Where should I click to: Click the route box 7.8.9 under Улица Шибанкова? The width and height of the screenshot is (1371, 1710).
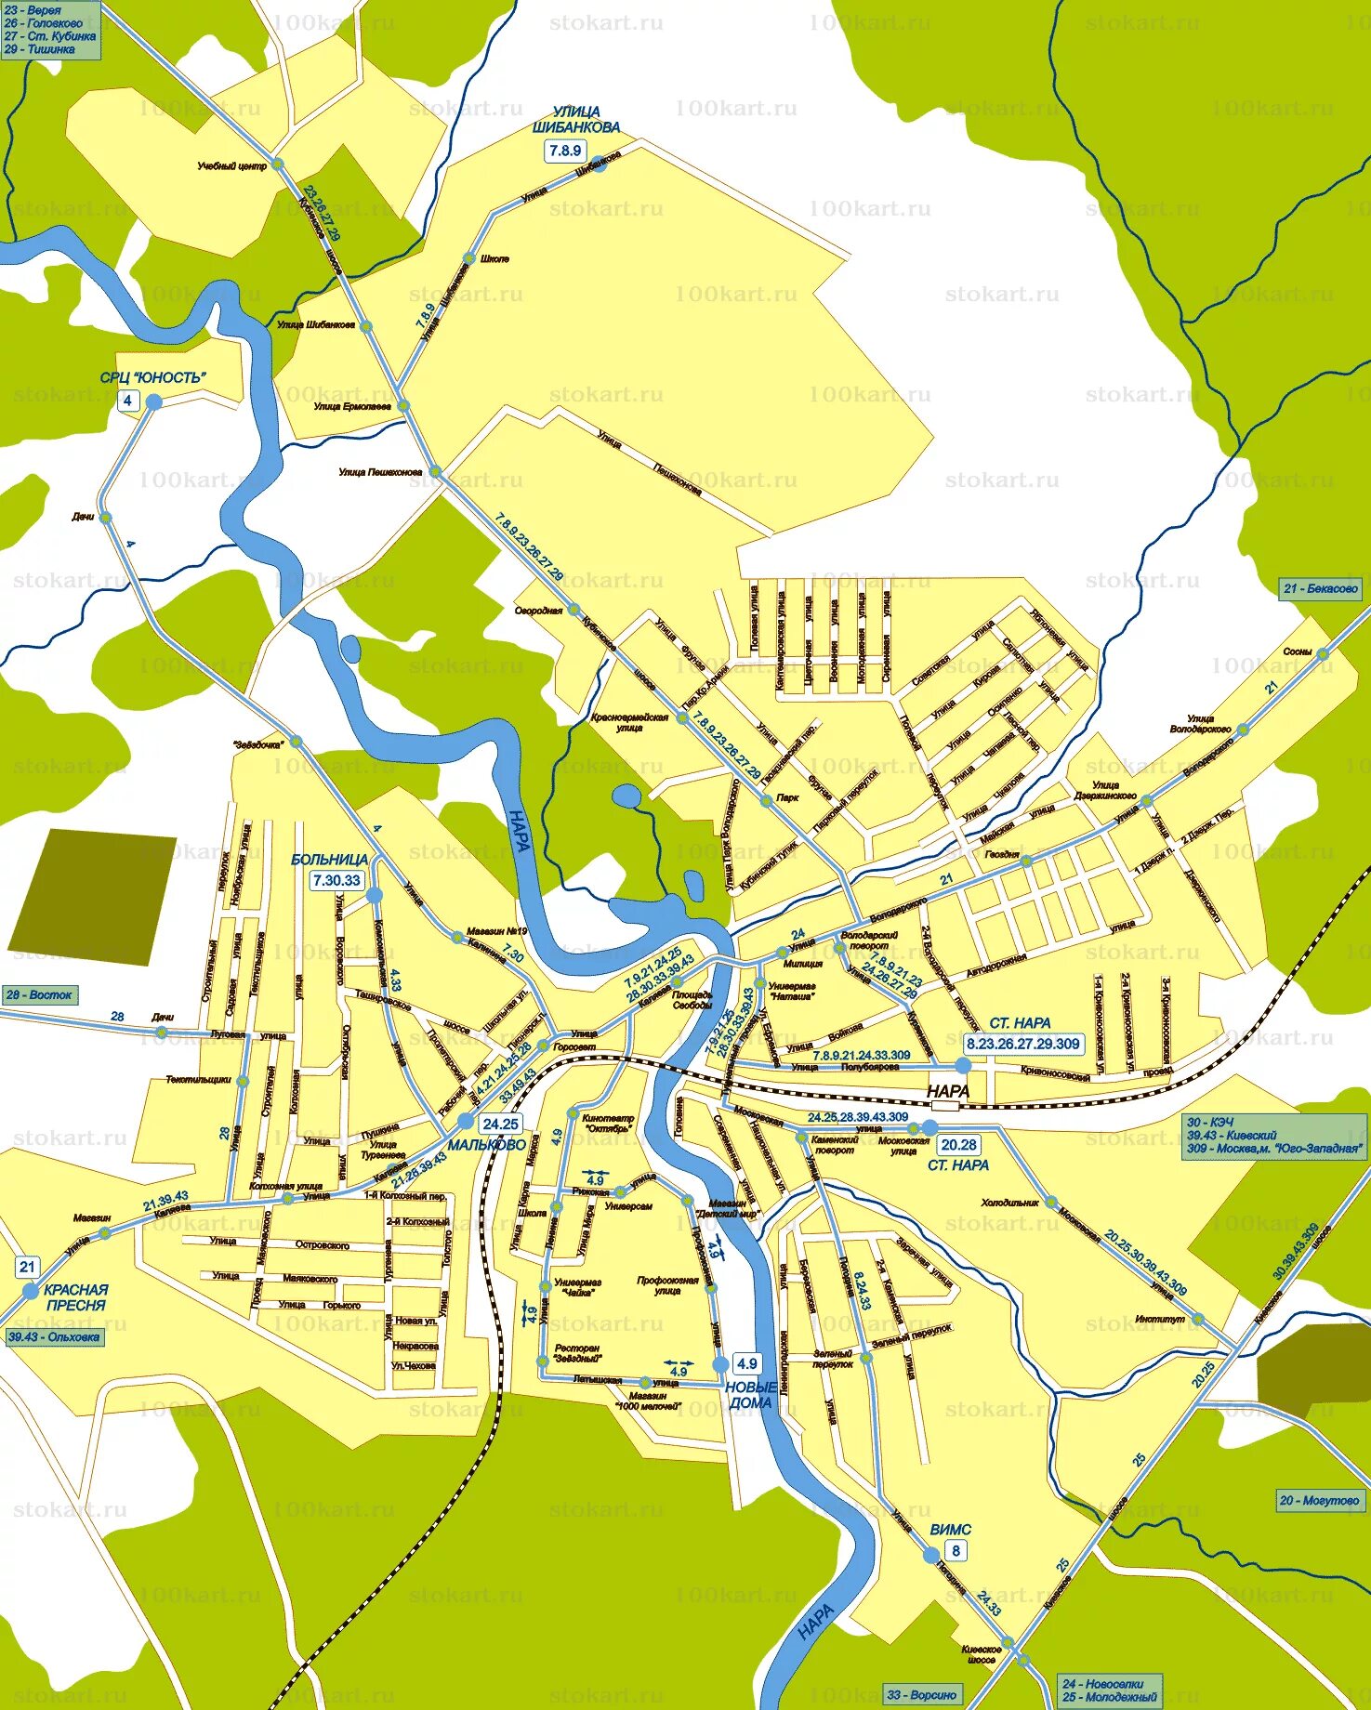[565, 150]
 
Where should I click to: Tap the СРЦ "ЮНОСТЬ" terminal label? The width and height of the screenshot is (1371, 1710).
[153, 377]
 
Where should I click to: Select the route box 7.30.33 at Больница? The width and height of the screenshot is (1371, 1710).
[336, 879]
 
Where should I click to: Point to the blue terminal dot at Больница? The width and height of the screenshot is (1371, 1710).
[375, 895]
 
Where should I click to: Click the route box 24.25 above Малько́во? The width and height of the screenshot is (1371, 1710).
[501, 1124]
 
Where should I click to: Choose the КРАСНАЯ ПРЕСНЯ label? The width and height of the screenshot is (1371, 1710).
[75, 1297]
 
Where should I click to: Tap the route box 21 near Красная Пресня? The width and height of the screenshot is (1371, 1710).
[27, 1266]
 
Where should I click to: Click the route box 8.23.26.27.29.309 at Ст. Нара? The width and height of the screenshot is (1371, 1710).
[1022, 1044]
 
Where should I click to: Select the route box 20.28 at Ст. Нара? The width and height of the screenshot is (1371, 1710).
[958, 1145]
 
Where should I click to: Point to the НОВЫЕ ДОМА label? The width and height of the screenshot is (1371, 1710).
[751, 1395]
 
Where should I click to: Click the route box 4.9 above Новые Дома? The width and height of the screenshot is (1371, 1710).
[746, 1363]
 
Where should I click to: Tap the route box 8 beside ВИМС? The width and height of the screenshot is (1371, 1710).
[956, 1550]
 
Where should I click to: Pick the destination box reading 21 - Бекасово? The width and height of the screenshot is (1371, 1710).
[1320, 588]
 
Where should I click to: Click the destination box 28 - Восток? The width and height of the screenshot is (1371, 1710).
[39, 994]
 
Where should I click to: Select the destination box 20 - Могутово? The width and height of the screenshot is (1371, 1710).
[1319, 1500]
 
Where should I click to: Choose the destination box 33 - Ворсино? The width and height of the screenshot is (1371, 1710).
[921, 1694]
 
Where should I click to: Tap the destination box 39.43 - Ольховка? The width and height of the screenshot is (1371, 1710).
[54, 1337]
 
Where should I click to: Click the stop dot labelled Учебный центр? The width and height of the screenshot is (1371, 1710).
[277, 164]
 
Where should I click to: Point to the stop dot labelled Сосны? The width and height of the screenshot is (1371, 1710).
[1324, 654]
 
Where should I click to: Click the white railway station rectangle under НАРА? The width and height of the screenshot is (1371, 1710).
[945, 1106]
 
